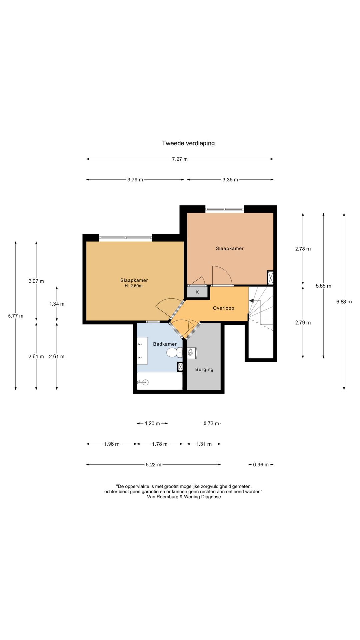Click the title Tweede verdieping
[188, 143]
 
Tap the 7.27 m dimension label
[180, 159]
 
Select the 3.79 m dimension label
[135, 180]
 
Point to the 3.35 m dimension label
[230, 180]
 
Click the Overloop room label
[224, 308]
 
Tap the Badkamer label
[165, 344]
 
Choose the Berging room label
[204, 369]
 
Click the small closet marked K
[197, 292]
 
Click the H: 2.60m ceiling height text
[134, 286]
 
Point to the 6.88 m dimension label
[344, 302]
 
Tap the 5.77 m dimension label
[16, 316]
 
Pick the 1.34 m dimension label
[57, 304]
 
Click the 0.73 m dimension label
[211, 424]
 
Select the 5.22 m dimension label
[153, 465]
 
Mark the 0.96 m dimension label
[261, 465]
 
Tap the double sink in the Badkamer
[142, 351]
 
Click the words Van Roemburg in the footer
[161, 497]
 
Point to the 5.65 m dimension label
[324, 286]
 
